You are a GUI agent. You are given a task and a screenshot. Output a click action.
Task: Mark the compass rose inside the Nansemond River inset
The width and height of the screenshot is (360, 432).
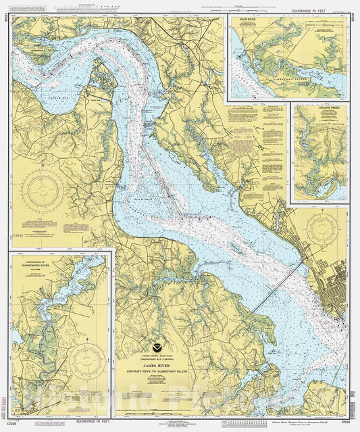(87, 361)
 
